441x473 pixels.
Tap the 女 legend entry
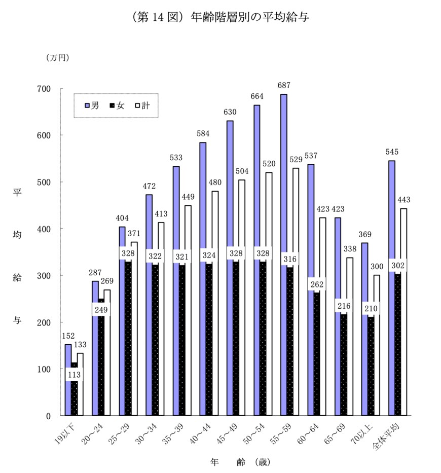pos(117,105)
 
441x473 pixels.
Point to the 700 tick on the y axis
pos(45,89)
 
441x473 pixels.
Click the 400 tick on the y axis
pos(45,229)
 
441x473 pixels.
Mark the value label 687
pos(283,85)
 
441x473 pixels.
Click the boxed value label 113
pos(74,375)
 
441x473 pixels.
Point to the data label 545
pos(391,152)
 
